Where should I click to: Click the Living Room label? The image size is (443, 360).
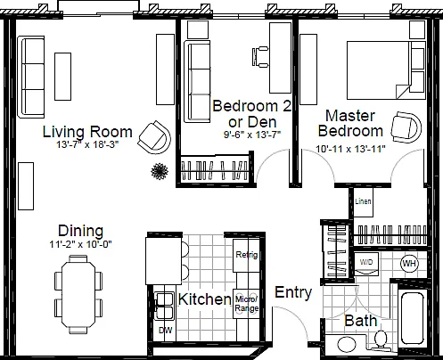(x=87, y=132)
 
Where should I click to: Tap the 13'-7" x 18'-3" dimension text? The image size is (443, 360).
(x=87, y=144)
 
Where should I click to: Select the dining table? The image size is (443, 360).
(x=78, y=294)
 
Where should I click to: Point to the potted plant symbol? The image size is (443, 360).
(x=160, y=171)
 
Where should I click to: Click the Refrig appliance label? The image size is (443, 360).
(x=247, y=255)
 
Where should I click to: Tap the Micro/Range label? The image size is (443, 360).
(x=247, y=304)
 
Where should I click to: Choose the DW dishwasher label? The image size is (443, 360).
(x=166, y=330)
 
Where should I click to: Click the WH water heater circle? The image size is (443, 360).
(x=410, y=263)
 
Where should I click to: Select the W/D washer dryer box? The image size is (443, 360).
(x=366, y=264)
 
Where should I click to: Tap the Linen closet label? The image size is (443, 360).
(x=363, y=201)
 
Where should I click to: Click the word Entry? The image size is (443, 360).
(x=293, y=293)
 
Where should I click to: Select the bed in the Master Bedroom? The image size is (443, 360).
(x=386, y=70)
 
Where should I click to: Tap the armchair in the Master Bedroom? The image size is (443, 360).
(x=406, y=127)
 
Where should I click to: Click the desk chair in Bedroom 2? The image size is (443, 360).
(x=260, y=56)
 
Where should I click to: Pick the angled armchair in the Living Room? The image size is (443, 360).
(x=154, y=137)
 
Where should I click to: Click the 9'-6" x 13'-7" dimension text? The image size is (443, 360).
(x=252, y=135)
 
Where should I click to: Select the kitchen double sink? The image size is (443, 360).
(x=164, y=307)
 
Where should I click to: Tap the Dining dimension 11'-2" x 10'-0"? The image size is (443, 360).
(x=80, y=244)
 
